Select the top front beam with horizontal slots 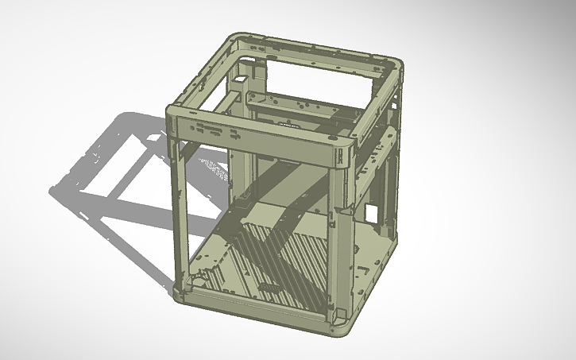click(254, 135)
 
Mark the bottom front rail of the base click(254, 305)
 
